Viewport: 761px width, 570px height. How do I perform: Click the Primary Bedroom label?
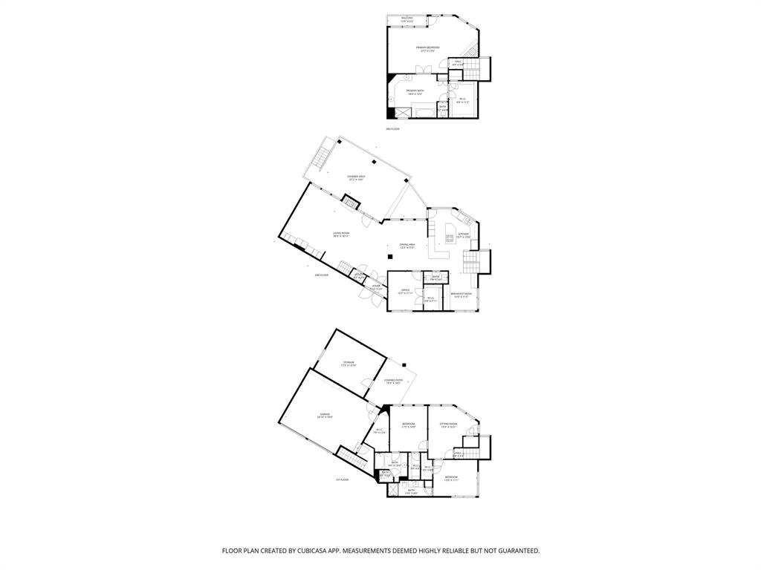click(430, 49)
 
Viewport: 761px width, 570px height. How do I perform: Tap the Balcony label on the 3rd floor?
click(407, 19)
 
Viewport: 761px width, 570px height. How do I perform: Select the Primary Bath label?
click(414, 92)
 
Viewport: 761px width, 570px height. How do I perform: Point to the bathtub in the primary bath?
click(426, 112)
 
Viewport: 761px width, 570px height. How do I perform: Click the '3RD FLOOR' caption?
click(393, 129)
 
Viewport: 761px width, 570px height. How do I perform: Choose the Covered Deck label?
click(356, 177)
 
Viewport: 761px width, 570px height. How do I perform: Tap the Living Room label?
click(341, 235)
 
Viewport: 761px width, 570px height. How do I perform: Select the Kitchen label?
click(464, 235)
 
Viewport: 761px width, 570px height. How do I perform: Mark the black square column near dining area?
click(389, 257)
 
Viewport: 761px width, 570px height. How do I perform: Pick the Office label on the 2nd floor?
click(405, 292)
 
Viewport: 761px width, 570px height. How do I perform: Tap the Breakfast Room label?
click(462, 295)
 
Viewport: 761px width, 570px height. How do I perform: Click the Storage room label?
click(349, 364)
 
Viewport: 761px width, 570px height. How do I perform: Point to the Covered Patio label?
click(392, 381)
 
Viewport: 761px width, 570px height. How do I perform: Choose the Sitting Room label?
click(448, 426)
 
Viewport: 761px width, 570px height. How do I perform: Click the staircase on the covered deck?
click(323, 157)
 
